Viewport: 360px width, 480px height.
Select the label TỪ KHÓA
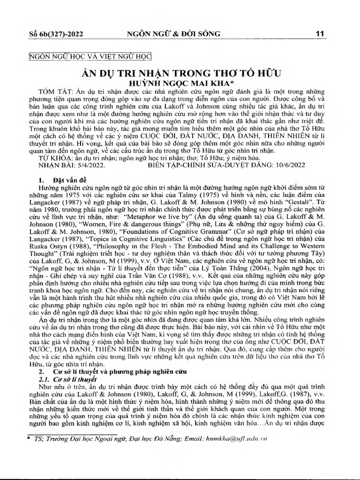click(48, 158)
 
